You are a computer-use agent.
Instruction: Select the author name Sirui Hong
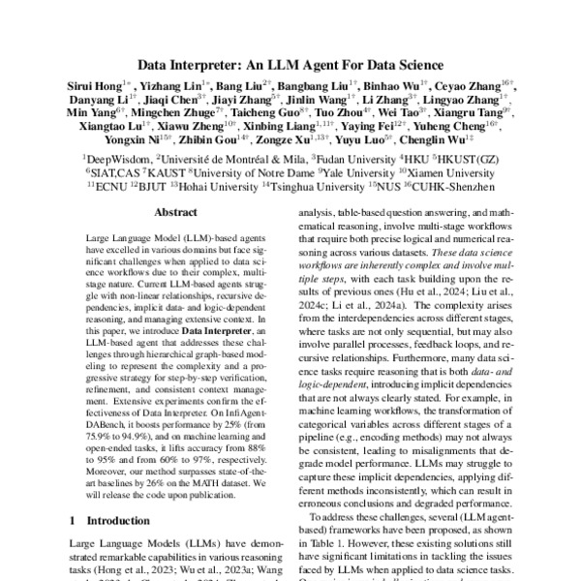pos(109,87)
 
